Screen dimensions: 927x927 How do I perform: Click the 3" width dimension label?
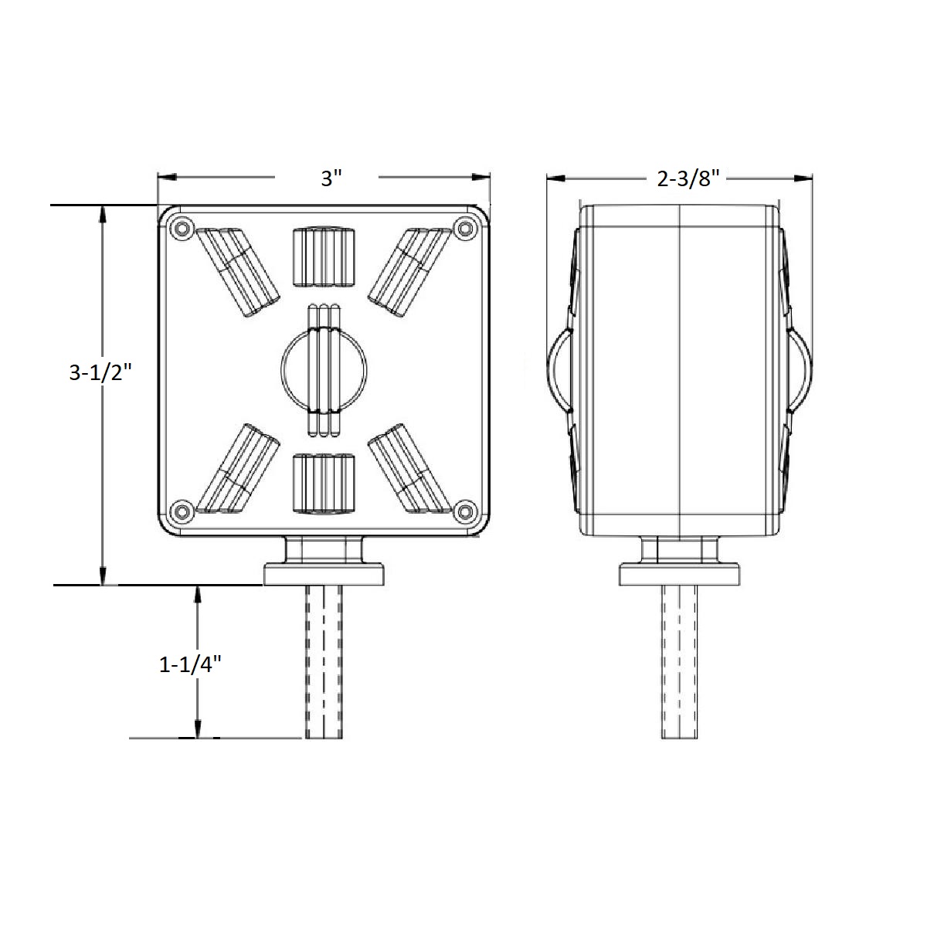pos(331,178)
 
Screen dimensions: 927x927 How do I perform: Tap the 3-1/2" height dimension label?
pos(100,372)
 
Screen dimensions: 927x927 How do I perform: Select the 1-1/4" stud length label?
pos(190,665)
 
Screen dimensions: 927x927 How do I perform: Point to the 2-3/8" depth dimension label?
pos(688,179)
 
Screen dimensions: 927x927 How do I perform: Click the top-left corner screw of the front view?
pos(182,228)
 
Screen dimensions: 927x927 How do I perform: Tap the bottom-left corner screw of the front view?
pos(182,511)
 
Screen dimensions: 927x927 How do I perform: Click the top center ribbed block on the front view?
pos(324,257)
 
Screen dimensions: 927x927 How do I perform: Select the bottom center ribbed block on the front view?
pos(324,484)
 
